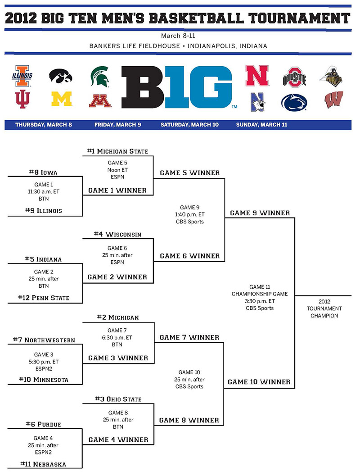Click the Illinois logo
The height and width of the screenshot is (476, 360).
22,76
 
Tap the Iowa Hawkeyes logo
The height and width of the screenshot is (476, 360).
61,76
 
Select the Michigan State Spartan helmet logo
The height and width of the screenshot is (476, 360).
100,77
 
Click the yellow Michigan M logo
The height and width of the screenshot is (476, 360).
62,99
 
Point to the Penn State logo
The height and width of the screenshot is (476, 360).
294,102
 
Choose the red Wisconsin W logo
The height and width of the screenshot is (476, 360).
333,100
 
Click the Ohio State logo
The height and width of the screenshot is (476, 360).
294,77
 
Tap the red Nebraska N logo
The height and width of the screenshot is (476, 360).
257,75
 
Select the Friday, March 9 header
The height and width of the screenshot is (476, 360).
117,124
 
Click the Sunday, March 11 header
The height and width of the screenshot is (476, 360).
261,124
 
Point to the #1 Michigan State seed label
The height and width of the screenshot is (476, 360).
117,151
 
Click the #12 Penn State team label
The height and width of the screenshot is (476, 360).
44,298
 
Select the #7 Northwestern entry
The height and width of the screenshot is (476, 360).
44,340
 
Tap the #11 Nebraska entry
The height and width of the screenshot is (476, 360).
43,464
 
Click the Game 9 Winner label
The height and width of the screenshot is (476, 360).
260,213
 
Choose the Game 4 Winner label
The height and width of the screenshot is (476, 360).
118,440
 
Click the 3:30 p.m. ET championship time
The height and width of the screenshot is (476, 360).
260,301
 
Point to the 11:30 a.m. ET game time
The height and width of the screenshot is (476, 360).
44,191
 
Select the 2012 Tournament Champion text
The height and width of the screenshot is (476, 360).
324,308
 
